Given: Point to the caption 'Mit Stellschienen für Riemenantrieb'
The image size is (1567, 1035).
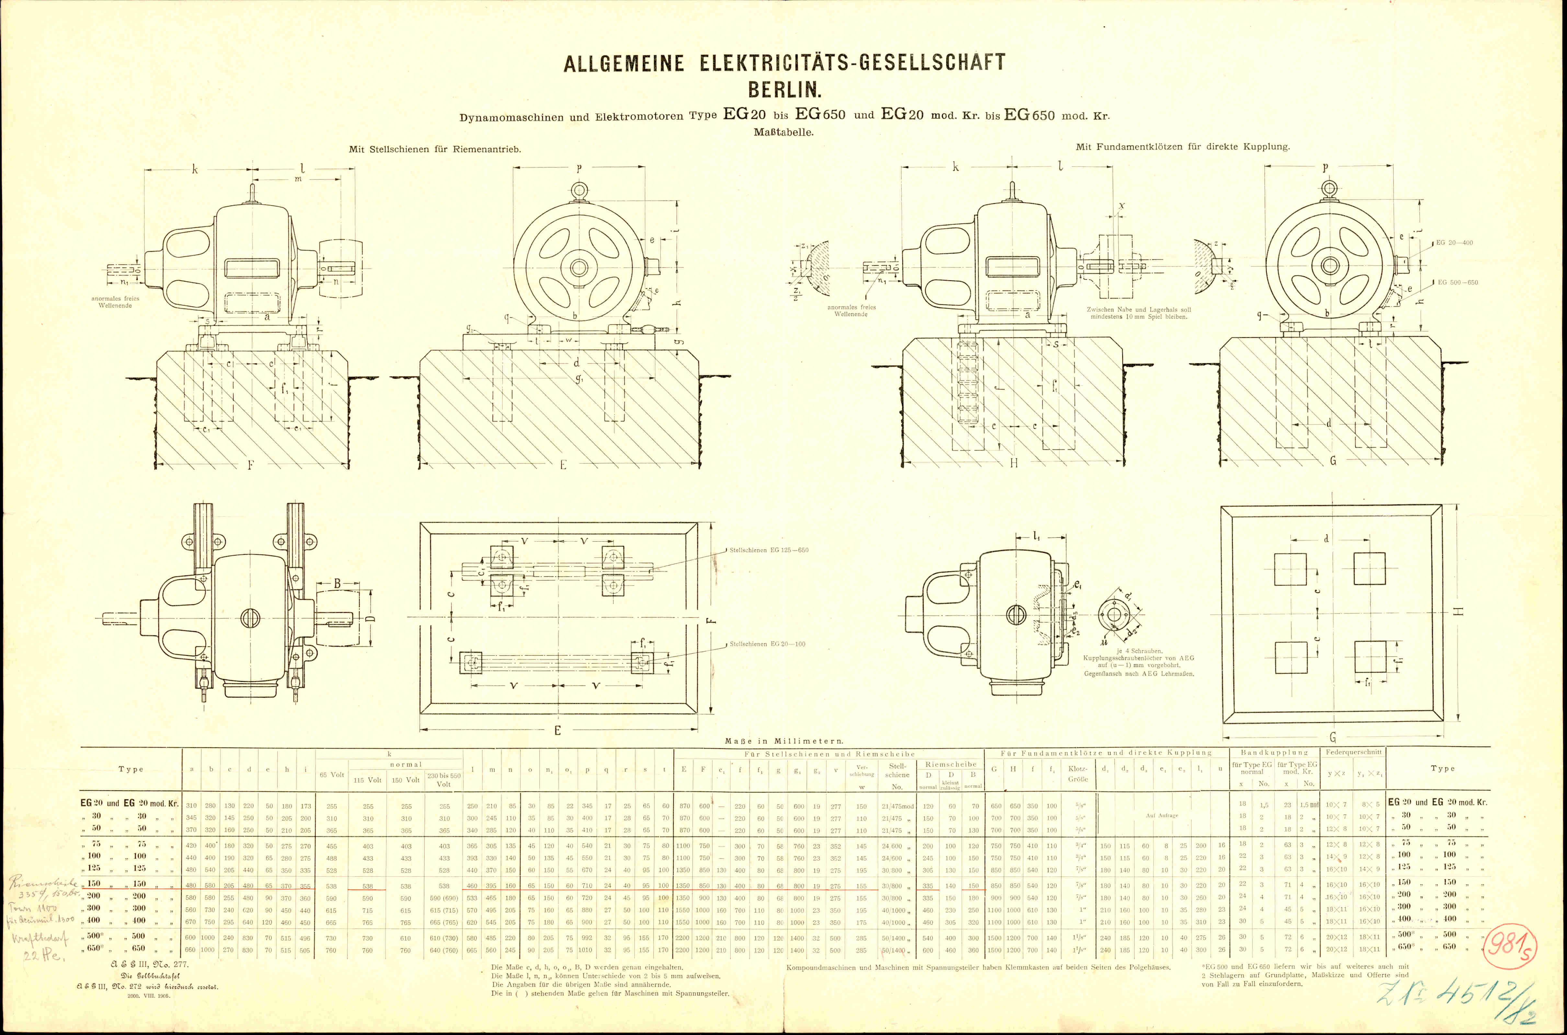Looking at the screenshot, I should (435, 149).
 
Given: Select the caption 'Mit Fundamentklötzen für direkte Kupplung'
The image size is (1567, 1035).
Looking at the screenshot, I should (1182, 146).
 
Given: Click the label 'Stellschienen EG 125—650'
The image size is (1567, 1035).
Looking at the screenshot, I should (769, 550).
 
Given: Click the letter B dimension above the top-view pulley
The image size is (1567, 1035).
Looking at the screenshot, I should (337, 584).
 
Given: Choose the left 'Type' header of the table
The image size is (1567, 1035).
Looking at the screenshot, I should (131, 769).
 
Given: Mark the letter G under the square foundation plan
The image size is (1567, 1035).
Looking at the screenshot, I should (1332, 737).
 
